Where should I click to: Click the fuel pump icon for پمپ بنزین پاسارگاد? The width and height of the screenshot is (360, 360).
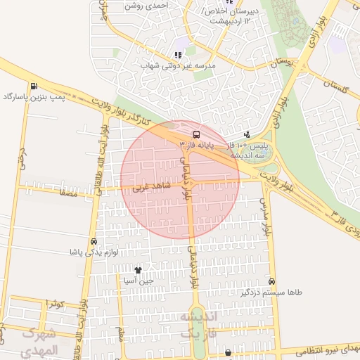click(x=34, y=86)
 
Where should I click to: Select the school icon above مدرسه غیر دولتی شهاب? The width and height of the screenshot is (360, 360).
click(x=178, y=55)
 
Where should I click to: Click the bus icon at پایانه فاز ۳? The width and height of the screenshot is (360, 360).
click(x=195, y=134)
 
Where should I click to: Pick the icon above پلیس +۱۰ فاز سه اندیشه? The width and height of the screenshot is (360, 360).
click(x=247, y=134)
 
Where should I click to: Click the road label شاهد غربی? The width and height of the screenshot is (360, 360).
click(x=149, y=188)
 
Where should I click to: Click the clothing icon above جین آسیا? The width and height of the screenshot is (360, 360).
click(x=138, y=270)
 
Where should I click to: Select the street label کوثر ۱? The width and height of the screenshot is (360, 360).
click(x=55, y=303)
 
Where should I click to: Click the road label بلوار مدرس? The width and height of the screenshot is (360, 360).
click(x=266, y=217)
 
